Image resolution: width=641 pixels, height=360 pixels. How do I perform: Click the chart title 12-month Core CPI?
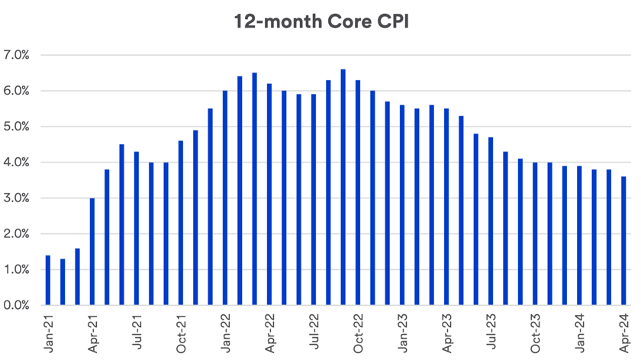click(x=320, y=22)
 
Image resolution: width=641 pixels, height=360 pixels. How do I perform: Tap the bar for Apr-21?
click(x=92, y=252)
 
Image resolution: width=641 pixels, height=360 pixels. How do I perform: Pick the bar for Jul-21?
click(x=136, y=228)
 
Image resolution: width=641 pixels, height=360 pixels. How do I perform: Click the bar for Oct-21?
click(x=180, y=223)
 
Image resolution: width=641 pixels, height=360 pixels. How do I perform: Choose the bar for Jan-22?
click(x=224, y=198)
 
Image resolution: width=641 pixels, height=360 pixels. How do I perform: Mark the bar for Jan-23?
click(x=401, y=205)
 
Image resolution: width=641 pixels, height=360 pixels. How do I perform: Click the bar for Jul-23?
click(x=490, y=221)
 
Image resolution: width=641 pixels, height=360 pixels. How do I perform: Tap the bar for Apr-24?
click(x=623, y=241)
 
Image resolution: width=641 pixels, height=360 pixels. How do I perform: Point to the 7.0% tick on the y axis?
click(x=16, y=56)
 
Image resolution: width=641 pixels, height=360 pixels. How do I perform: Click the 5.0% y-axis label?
click(x=16, y=127)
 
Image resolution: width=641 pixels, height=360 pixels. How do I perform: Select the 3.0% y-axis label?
click(x=16, y=198)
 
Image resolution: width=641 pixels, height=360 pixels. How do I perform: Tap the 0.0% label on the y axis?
click(x=16, y=306)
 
